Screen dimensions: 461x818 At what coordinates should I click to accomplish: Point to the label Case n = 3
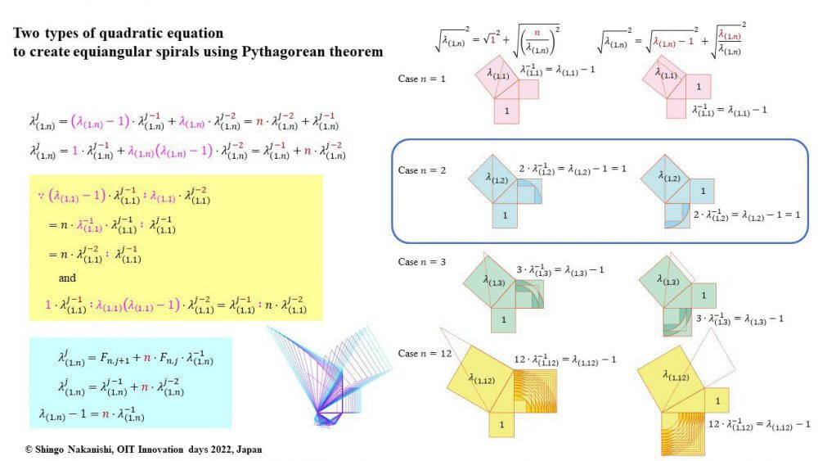[x=423, y=262]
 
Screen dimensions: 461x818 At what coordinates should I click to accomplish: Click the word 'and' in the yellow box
[x=68, y=278]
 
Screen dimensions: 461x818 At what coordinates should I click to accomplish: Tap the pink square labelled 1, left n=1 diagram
[x=506, y=110]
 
